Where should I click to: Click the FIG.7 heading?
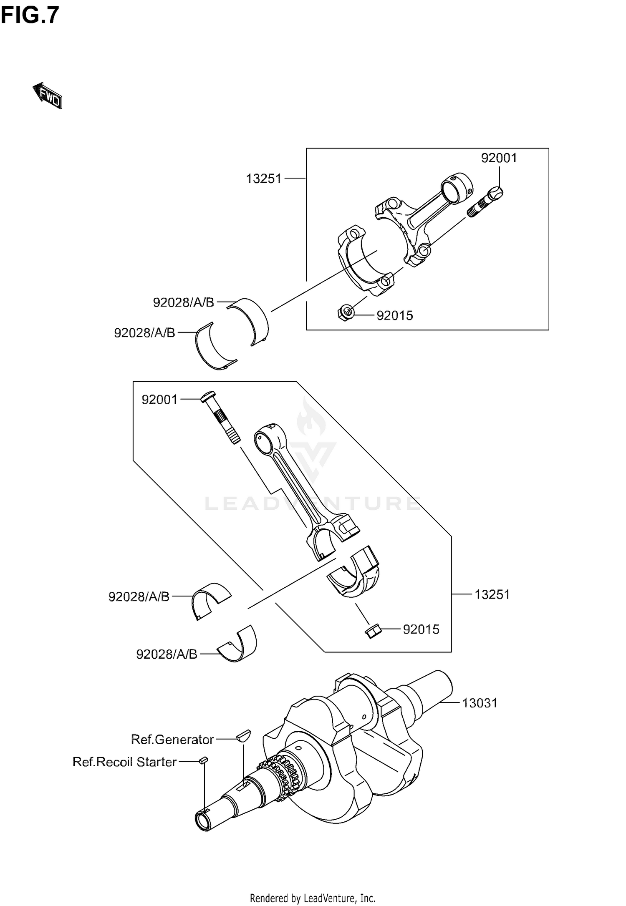pyautogui.click(x=30, y=16)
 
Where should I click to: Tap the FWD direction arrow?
pyautogui.click(x=48, y=96)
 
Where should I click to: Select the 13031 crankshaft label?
pyautogui.click(x=480, y=703)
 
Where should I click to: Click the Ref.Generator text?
pyautogui.click(x=172, y=739)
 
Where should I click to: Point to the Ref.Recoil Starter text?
pyautogui.click(x=124, y=762)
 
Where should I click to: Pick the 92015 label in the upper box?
pyautogui.click(x=394, y=315)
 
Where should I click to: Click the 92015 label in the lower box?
pyautogui.click(x=421, y=629)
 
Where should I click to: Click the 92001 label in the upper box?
pyautogui.click(x=499, y=158)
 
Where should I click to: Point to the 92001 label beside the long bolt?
pyautogui.click(x=159, y=399)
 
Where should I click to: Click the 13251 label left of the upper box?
pyautogui.click(x=264, y=179)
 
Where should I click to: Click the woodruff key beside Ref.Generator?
pyautogui.click(x=243, y=735)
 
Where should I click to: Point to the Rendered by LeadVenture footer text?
pyautogui.click(x=313, y=897)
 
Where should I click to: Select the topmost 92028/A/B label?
pyautogui.click(x=183, y=302)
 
